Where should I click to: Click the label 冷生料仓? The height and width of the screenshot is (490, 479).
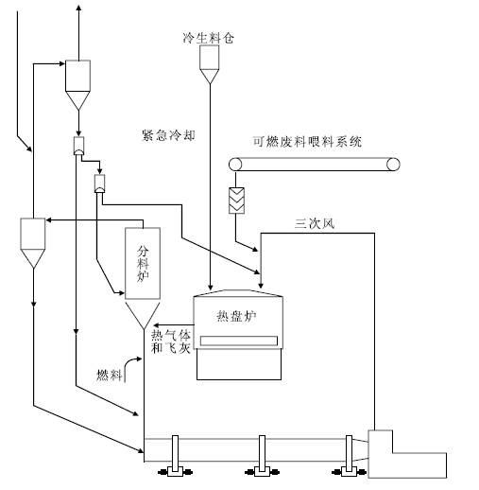[209, 38]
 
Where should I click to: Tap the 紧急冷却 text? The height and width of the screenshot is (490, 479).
[168, 135]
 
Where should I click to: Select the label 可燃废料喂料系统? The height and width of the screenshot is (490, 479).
[307, 142]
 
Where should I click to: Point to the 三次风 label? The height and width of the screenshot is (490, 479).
[315, 223]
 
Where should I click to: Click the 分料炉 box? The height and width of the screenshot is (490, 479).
[143, 263]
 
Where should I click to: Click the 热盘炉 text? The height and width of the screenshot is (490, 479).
[236, 316]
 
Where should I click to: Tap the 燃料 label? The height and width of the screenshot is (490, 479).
[109, 376]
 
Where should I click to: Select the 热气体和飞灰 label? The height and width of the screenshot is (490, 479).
[171, 341]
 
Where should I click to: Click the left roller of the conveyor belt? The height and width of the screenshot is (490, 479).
[235, 165]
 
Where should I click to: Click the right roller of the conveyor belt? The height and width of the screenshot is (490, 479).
[393, 165]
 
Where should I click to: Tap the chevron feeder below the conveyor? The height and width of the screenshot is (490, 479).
[236, 201]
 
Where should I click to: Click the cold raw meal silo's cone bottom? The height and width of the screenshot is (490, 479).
[210, 77]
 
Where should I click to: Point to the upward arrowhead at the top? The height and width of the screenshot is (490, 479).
[78, 7]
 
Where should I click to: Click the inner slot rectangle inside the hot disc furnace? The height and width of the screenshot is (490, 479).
[239, 341]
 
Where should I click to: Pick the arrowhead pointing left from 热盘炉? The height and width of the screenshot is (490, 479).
[156, 325]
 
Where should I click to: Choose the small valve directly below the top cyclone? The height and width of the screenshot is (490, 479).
[78, 146]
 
